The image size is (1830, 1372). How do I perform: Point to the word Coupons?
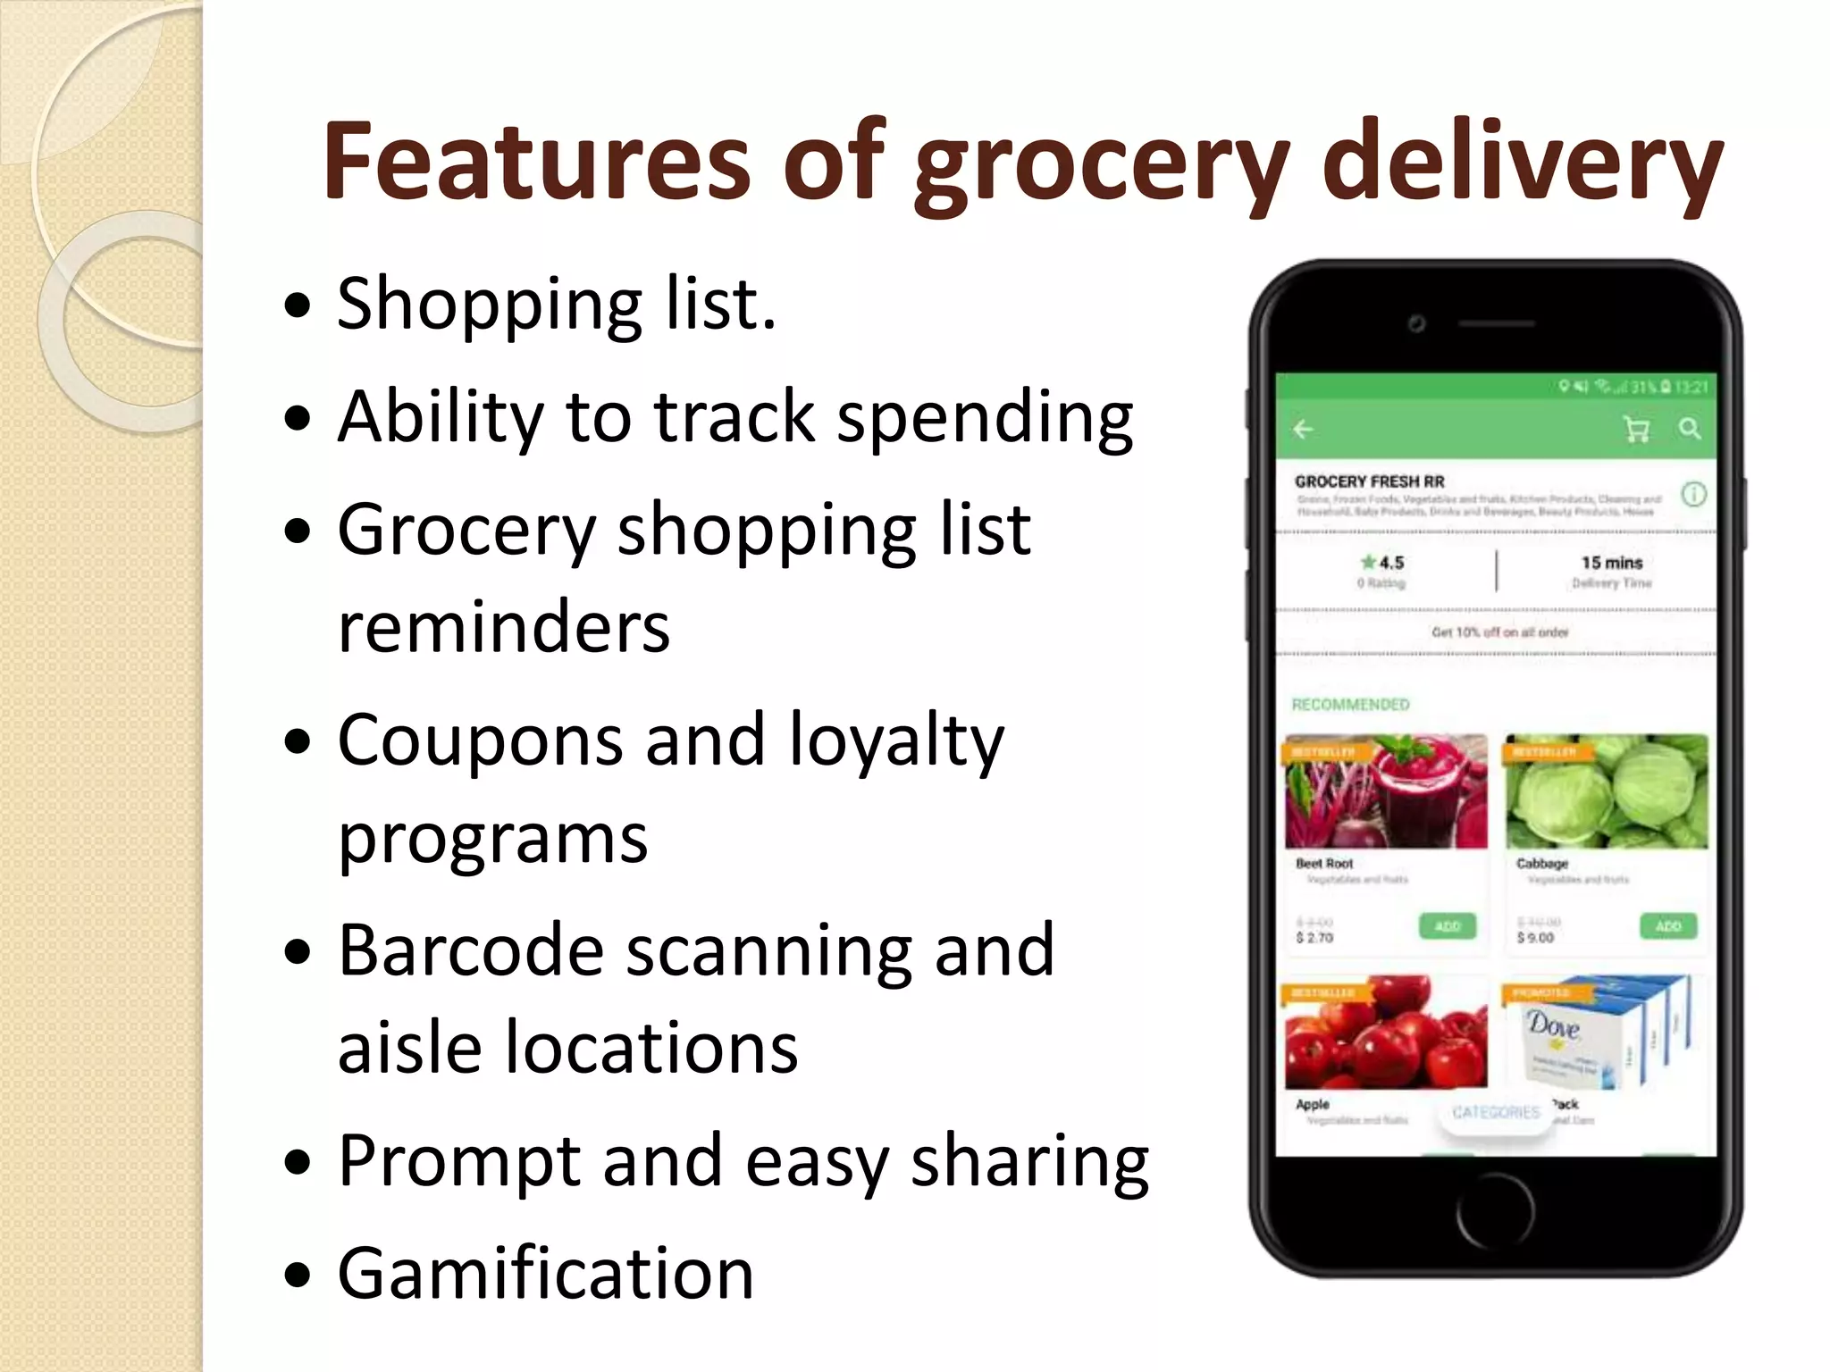coord(480,740)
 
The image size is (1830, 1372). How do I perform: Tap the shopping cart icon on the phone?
coord(1636,430)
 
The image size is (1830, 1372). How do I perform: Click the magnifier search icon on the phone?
coord(1689,429)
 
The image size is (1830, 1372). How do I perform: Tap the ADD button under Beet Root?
coord(1448,926)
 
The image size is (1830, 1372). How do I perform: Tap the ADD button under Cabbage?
coord(1668,926)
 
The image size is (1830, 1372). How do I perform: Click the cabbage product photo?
coord(1607,791)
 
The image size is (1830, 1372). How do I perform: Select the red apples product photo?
coord(1386,1033)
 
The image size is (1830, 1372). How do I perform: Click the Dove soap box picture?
coord(1607,1033)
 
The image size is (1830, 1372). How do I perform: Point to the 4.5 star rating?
coord(1382,563)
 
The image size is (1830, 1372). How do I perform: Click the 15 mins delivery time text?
coord(1612,563)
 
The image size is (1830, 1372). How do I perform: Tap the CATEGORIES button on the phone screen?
coord(1496,1112)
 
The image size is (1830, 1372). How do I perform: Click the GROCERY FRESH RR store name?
coord(1370,481)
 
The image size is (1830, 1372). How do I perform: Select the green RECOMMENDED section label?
coord(1350,705)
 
